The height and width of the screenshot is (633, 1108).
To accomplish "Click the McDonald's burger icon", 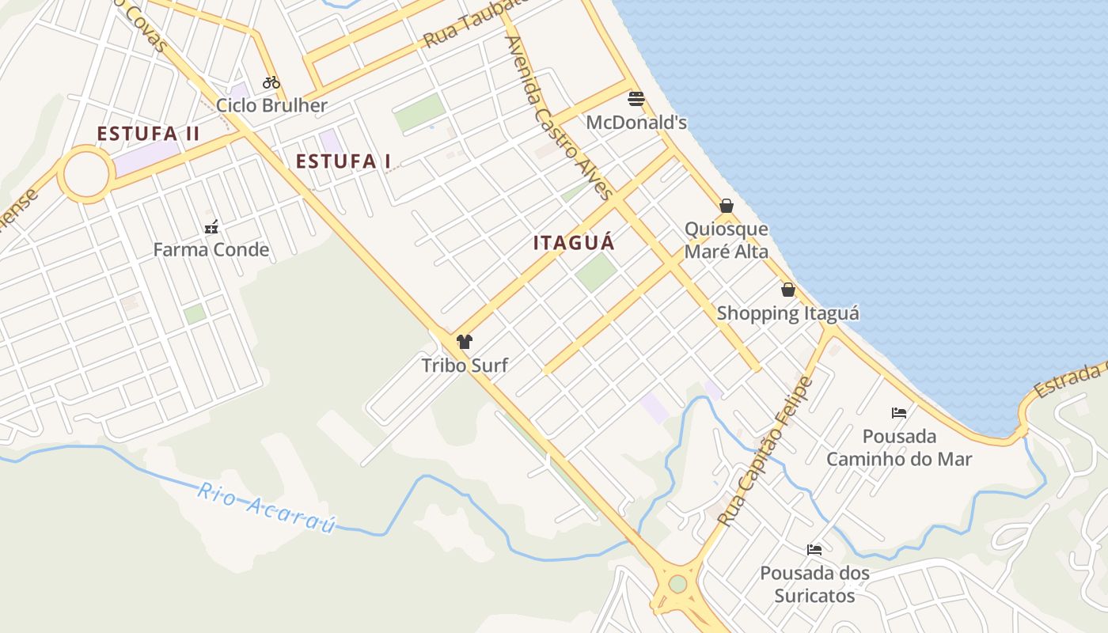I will [636, 99].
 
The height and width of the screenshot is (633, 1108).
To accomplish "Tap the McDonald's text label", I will [636, 123].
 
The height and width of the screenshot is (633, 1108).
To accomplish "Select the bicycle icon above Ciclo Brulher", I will [271, 82].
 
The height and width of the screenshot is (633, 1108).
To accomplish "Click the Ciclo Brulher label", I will [271, 105].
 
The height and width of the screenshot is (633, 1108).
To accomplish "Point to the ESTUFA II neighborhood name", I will [148, 134].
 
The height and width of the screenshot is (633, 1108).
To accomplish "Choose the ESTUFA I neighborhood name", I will [343, 161].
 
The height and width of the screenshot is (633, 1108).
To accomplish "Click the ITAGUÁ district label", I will [574, 243].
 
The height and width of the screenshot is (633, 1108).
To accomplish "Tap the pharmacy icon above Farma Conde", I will [211, 228].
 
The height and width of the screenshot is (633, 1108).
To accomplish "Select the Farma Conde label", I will [211, 250].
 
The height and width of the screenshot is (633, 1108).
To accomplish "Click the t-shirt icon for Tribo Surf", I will [465, 342].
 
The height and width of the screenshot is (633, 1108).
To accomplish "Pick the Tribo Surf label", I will [465, 365].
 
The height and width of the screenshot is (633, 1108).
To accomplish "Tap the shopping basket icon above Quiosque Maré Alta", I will [727, 207].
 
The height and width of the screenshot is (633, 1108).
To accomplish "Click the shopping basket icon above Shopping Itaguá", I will [787, 290].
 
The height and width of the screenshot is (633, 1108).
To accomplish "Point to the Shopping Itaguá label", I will [787, 313].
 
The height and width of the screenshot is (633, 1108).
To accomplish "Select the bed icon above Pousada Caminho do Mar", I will [899, 412].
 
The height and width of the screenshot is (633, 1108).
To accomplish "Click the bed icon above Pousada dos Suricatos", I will [814, 549].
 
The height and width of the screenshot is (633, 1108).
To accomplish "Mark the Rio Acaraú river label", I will [267, 507].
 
